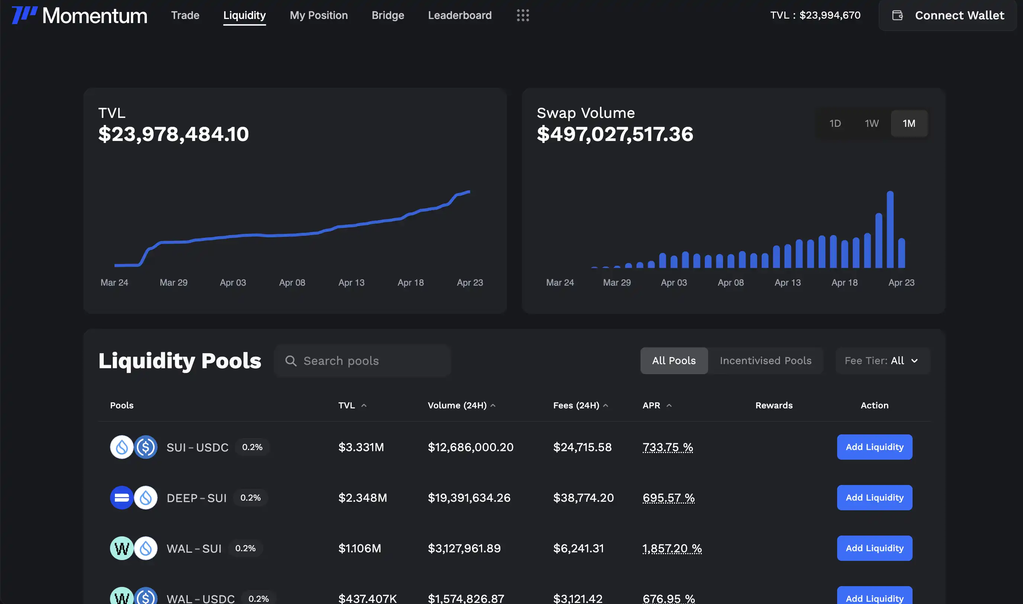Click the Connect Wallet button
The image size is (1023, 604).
coord(948,16)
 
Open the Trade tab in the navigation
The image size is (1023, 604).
coord(185,16)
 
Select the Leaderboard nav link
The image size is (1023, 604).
coord(459,16)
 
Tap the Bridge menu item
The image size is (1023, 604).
coord(388,16)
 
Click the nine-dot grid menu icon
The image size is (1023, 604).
coord(523,16)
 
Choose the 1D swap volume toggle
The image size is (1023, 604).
coord(835,123)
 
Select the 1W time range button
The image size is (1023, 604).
coord(871,123)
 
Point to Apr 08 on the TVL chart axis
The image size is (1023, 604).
coord(292,282)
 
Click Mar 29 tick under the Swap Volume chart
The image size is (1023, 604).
coord(617,282)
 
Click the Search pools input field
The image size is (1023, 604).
coord(362,361)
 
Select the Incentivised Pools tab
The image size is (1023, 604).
coord(765,361)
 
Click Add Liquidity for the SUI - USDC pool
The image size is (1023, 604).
coord(875,447)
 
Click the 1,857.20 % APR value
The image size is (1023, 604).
coord(672,548)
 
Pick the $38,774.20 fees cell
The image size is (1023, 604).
coord(583,498)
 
